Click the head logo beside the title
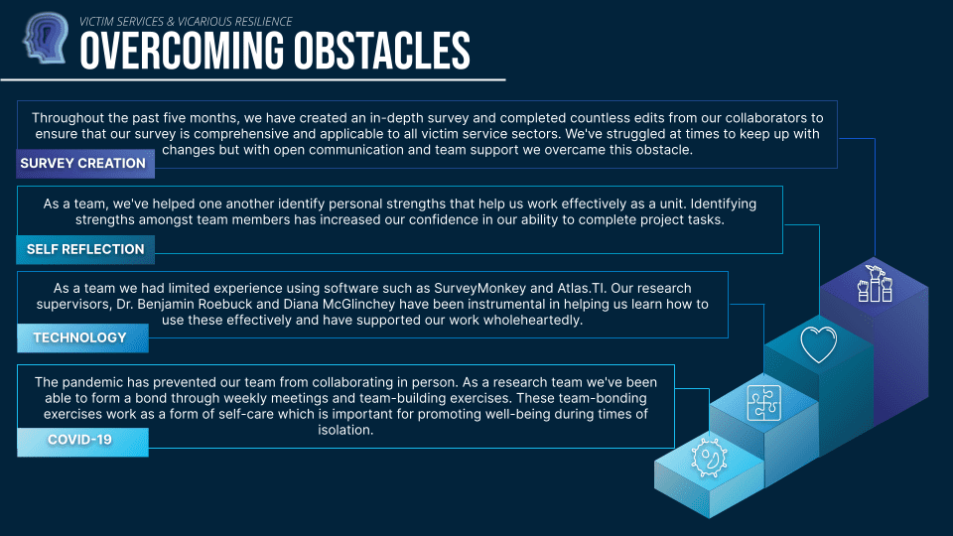click(45, 38)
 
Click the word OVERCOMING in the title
click(182, 51)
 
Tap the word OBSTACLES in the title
click(382, 51)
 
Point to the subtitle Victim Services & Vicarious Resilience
click(186, 21)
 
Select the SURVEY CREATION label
click(85, 164)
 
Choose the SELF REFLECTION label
click(85, 249)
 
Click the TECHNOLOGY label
click(82, 337)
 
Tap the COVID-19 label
click(82, 440)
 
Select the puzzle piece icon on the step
click(764, 403)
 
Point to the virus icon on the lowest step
click(709, 458)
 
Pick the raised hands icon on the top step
click(875, 284)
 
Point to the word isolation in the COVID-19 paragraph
click(345, 430)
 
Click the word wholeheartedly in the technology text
click(532, 321)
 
